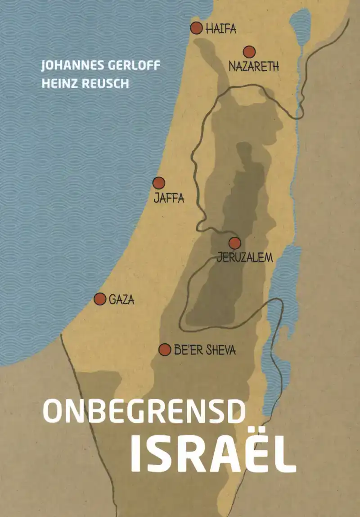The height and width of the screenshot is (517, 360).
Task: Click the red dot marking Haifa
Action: [196, 28]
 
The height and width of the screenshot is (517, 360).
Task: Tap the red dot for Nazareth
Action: [249, 52]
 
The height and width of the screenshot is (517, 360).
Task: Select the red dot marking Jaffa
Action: [158, 183]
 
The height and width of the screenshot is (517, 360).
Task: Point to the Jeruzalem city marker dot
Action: [234, 243]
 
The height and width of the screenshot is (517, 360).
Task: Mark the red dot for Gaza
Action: [100, 298]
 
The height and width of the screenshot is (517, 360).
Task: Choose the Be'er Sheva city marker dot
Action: [165, 349]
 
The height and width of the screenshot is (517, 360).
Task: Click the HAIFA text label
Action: [221, 30]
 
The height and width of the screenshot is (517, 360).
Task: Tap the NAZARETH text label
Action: [254, 67]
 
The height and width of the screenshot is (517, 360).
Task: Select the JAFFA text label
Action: [169, 198]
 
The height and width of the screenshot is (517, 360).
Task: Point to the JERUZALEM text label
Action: [245, 258]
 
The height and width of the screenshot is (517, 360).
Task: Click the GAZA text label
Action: [121, 300]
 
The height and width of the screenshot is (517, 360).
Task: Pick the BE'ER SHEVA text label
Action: [205, 350]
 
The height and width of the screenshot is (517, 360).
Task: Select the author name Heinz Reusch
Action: [85, 84]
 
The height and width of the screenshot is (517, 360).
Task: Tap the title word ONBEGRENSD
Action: [144, 411]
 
